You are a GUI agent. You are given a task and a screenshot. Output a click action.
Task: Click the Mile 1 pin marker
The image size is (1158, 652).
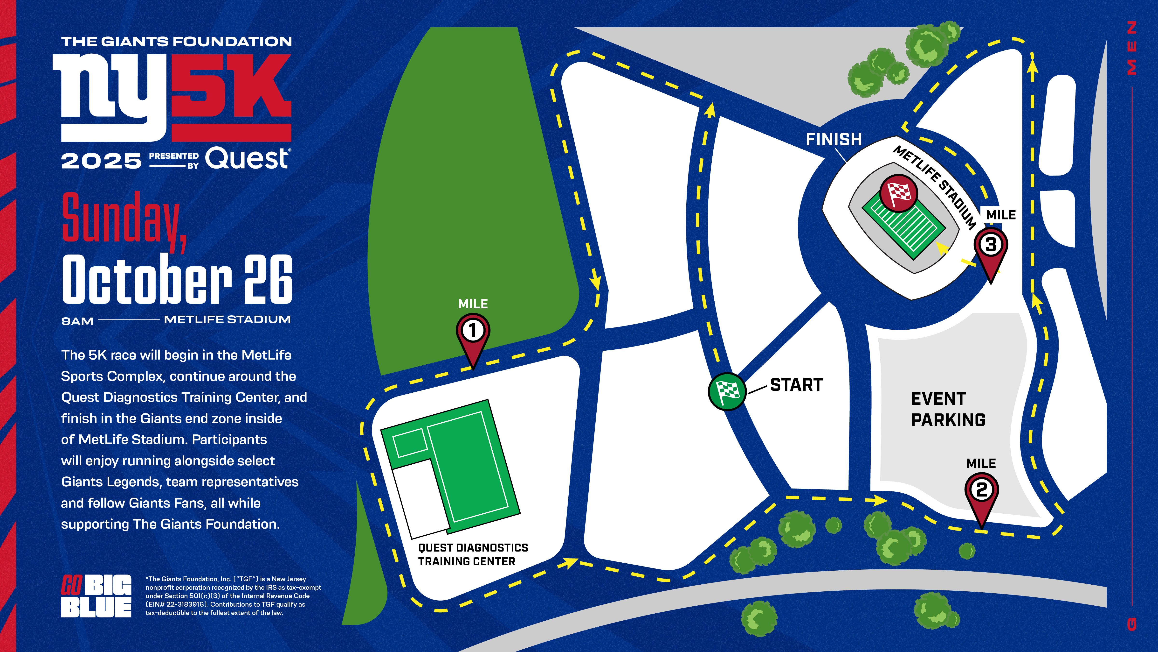click(x=473, y=333)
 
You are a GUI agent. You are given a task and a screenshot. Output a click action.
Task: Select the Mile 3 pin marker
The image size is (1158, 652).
click(x=991, y=247)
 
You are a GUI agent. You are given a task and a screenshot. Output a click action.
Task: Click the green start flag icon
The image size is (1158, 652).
click(x=727, y=391)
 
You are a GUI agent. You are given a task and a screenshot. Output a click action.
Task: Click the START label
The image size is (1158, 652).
click(x=796, y=385)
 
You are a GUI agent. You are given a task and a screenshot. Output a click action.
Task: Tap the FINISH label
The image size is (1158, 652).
click(x=834, y=140)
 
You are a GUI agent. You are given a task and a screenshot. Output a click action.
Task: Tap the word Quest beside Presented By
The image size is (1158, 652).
click(x=247, y=159)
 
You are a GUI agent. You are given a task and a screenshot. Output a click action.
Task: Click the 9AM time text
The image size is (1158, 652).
click(x=77, y=321)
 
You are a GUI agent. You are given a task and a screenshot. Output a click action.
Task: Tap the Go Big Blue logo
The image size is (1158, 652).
click(x=96, y=596)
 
